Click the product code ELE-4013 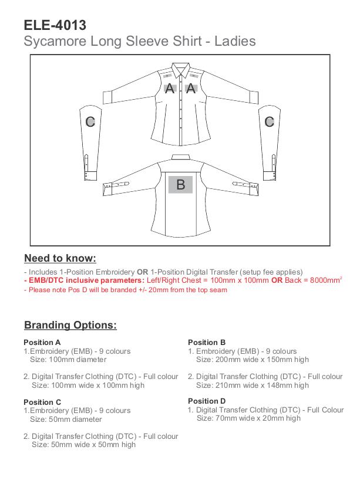coord(55,25)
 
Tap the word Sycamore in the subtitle coord(55,42)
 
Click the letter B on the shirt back coord(181,185)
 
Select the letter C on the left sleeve coord(90,122)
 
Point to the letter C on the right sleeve coord(270,122)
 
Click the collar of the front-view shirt coord(180,69)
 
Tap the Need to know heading coord(60,258)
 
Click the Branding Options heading coord(70,325)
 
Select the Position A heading coord(42,342)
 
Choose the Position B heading coord(207,342)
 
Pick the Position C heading coord(42,402)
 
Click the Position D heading coord(207,401)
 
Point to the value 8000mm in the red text coord(325,280)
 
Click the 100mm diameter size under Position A coord(78,360)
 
